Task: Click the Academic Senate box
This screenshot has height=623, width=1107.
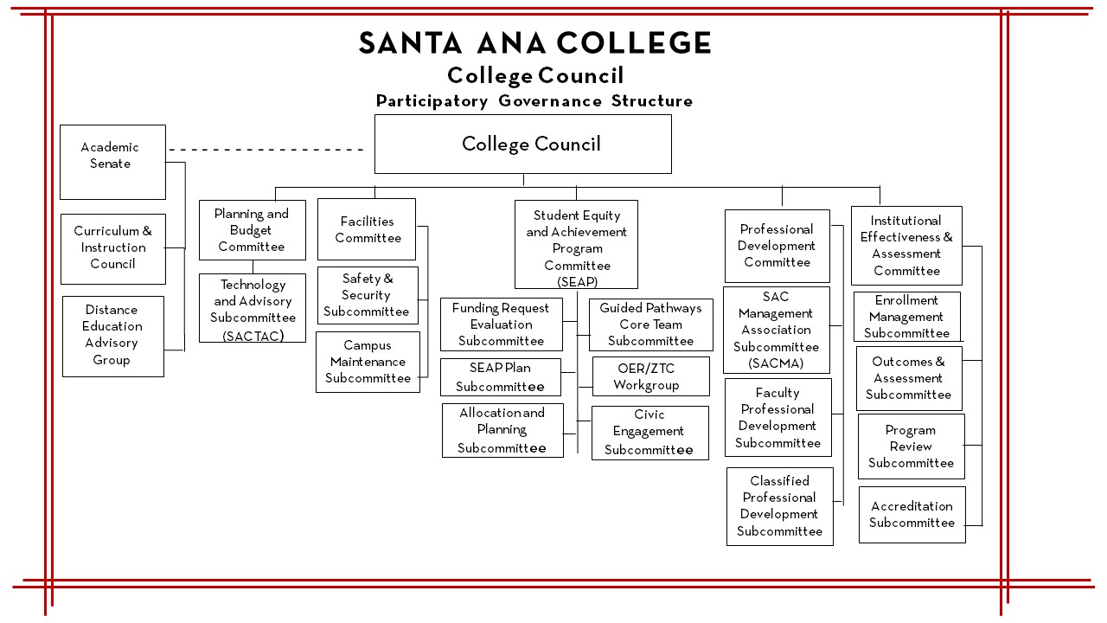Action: (x=112, y=162)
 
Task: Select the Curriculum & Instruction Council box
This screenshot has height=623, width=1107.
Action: (x=112, y=248)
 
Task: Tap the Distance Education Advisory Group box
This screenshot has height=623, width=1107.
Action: (x=112, y=336)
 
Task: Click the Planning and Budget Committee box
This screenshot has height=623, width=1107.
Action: (x=252, y=229)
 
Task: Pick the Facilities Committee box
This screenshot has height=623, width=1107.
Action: (x=367, y=229)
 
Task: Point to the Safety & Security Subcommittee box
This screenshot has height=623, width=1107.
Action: (x=367, y=295)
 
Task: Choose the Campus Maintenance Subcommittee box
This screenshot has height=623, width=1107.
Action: (x=368, y=362)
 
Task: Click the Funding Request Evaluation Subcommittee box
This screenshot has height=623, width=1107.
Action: (x=501, y=324)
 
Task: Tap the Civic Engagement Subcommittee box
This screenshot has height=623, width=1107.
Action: (x=649, y=433)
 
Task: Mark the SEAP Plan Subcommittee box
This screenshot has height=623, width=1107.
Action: (x=500, y=378)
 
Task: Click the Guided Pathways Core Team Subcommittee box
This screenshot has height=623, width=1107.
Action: (x=650, y=324)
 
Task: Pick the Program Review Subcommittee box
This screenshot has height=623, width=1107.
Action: (x=911, y=446)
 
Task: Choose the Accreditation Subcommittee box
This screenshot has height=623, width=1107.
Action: (x=912, y=515)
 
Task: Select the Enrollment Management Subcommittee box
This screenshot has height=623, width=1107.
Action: (x=906, y=317)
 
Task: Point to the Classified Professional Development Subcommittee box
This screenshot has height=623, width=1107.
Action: (x=779, y=506)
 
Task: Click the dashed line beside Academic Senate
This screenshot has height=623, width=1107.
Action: (x=266, y=150)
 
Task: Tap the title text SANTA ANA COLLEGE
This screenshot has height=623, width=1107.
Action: (x=534, y=43)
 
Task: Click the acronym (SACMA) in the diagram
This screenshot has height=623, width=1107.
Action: (x=776, y=363)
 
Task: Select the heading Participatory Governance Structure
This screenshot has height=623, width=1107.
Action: (x=534, y=101)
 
